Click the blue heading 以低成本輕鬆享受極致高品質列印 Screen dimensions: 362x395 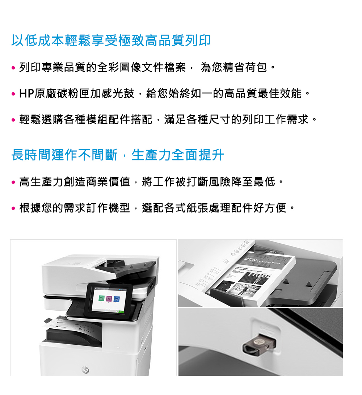pyautogui.click(x=111, y=40)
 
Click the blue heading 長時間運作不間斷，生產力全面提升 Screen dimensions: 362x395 pyautogui.click(x=118, y=155)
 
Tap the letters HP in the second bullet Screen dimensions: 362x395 pyautogui.click(x=26, y=94)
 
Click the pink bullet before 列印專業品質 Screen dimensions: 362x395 pyautogui.click(x=13, y=68)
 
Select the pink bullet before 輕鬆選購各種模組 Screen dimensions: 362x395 pyautogui.click(x=13, y=120)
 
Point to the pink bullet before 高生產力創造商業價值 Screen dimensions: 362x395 pyautogui.click(x=13, y=182)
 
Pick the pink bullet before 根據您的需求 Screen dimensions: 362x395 pyautogui.click(x=13, y=209)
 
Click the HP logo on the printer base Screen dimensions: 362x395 pyautogui.click(x=85, y=370)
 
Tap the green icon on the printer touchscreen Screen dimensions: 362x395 pyautogui.click(x=101, y=298)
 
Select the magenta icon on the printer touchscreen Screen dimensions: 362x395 pyautogui.click(x=109, y=299)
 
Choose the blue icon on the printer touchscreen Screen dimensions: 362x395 pyautogui.click(x=117, y=299)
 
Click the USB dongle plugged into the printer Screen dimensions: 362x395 pyautogui.click(x=260, y=344)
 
